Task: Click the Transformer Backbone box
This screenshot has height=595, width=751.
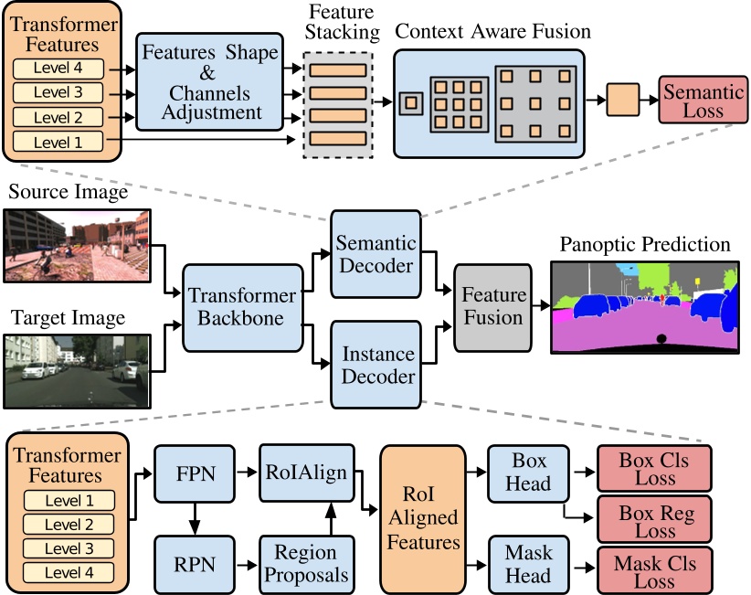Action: [242, 308]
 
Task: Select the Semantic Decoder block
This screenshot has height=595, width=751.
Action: [375, 254]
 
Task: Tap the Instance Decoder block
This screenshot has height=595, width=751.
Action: [375, 363]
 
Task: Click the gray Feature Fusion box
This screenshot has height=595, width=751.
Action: [492, 307]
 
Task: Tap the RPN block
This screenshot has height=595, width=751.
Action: [193, 563]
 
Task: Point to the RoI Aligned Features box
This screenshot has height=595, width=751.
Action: [424, 516]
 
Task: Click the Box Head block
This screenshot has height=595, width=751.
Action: [528, 473]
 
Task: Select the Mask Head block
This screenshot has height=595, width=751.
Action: [528, 563]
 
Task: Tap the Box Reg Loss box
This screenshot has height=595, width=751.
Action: [654, 521]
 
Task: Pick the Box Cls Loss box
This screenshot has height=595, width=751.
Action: [654, 469]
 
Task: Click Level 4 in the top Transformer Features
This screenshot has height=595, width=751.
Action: [59, 70]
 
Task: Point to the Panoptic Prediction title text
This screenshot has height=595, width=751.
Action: [647, 245]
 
